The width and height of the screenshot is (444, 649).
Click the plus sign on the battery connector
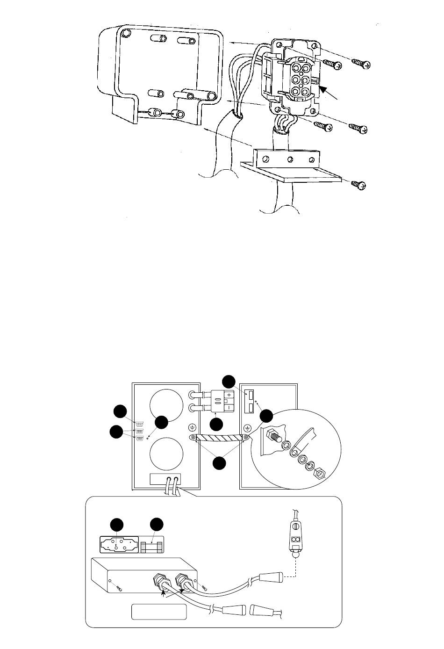pyautogui.click(x=229, y=396)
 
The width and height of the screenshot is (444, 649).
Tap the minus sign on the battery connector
pyautogui.click(x=229, y=407)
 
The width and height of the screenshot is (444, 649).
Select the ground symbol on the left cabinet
pyautogui.click(x=192, y=427)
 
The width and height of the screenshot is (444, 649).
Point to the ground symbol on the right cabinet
pyautogui.click(x=247, y=427)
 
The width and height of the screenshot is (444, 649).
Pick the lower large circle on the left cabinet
pyautogui.click(x=166, y=453)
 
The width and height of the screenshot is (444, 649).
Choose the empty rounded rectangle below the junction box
pyautogui.click(x=159, y=612)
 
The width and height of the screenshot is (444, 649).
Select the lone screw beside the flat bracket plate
pyautogui.click(x=359, y=185)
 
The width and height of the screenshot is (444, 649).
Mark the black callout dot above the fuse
pyautogui.click(x=157, y=524)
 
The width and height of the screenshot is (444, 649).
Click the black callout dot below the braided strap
pyautogui.click(x=220, y=463)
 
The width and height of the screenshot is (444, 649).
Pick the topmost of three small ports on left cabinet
pyautogui.click(x=139, y=423)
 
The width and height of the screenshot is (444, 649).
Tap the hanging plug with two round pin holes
pyautogui.click(x=295, y=540)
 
